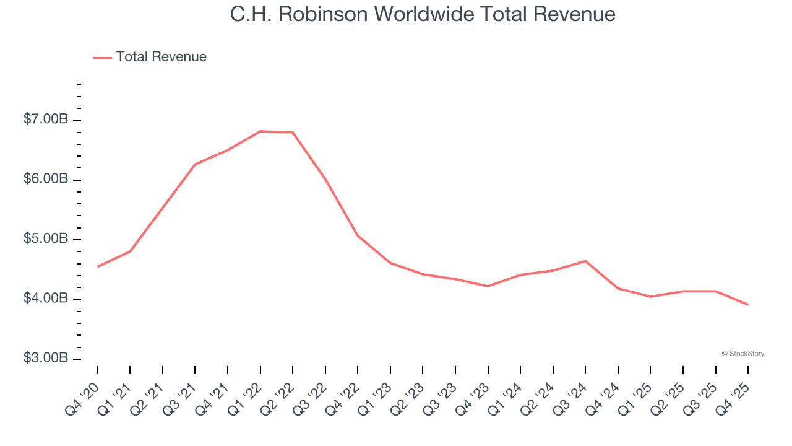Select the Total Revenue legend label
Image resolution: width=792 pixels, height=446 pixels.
click(x=161, y=57)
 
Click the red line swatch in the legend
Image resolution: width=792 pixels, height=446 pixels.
click(x=102, y=58)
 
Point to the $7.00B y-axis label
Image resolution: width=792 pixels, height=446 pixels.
click(x=46, y=119)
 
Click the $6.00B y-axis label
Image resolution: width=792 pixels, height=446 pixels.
click(x=46, y=179)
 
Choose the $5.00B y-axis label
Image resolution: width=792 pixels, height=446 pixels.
click(x=46, y=239)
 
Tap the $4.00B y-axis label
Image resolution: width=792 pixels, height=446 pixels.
click(x=46, y=299)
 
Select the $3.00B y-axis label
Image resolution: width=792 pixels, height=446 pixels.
click(x=46, y=359)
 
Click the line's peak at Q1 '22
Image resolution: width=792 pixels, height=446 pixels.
click(x=260, y=131)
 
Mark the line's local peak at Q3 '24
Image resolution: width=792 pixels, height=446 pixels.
click(x=585, y=261)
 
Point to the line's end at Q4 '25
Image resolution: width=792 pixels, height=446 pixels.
click(x=748, y=305)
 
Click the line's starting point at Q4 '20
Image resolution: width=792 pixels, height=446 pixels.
click(x=98, y=266)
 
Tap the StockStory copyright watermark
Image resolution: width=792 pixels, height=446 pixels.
click(x=742, y=354)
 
